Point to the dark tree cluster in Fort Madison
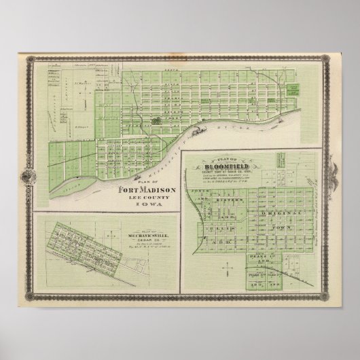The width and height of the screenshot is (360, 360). coord(158,120)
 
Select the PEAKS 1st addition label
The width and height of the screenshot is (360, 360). coord(260,251)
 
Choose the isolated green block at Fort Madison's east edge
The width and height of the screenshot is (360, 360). coord(295,89)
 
